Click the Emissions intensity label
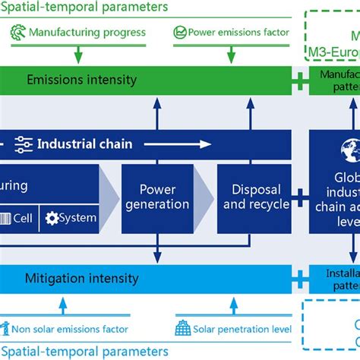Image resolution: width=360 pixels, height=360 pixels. click(x=81, y=80)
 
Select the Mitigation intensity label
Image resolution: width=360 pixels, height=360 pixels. click(x=83, y=279)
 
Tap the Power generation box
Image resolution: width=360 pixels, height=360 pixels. click(x=158, y=197)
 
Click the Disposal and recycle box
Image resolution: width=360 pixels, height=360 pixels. click(x=255, y=197)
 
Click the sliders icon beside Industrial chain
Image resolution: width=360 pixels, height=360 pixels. click(x=24, y=144)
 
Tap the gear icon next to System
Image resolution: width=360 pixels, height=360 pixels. click(x=52, y=219)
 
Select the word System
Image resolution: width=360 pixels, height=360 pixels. click(x=78, y=218)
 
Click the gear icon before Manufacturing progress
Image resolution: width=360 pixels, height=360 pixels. click(x=18, y=33)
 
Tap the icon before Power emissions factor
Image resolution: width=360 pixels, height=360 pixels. click(x=180, y=33)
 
